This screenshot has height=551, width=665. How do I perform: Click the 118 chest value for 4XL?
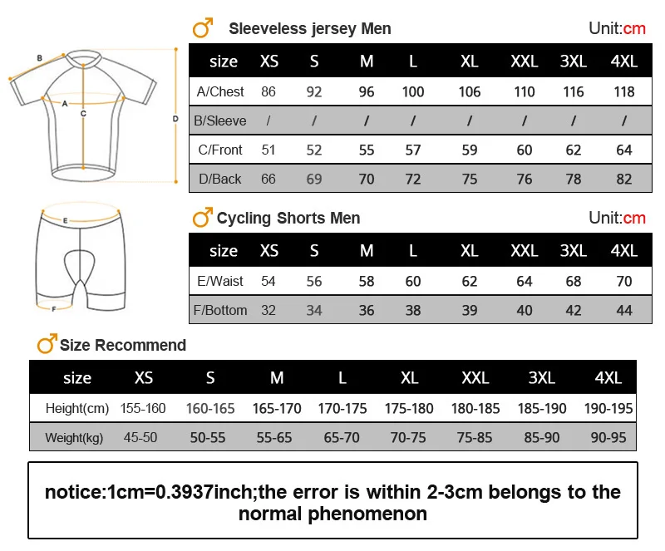point(623,91)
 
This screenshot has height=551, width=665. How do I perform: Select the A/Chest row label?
point(219,91)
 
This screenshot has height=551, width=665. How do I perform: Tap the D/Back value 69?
point(314,179)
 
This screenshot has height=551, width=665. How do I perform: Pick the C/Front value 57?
point(413,150)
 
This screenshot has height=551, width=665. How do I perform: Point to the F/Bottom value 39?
point(470,310)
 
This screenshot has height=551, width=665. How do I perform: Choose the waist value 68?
point(574,281)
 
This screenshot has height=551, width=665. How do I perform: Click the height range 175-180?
point(409,408)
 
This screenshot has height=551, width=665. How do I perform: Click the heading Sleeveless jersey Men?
point(309,29)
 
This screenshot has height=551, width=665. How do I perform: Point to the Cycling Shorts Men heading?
point(288,219)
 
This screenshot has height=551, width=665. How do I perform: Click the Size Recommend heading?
point(123,345)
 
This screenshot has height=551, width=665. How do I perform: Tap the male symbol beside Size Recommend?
point(47,343)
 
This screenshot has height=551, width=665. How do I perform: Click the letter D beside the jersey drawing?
point(175,119)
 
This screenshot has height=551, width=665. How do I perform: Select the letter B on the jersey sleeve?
point(39,58)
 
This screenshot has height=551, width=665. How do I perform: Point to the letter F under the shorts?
point(53,309)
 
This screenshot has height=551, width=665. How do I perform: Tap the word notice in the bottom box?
point(73,492)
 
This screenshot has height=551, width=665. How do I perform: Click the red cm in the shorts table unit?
point(634,219)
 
